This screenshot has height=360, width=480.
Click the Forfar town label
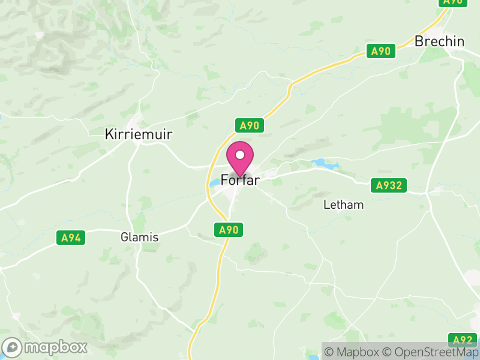coord(240,180)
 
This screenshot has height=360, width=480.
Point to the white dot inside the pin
coord(240,155)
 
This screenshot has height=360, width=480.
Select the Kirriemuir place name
coord(139,134)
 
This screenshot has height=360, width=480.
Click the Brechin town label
coord(440,41)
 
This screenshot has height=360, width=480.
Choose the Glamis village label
coord(139,237)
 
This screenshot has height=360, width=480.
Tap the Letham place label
coord(344,205)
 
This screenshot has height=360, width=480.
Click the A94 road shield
coord(71,238)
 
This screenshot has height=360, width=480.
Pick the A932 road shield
coord(388,186)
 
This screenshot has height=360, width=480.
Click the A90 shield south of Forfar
coord(229,230)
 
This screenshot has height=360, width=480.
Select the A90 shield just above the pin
coord(249,125)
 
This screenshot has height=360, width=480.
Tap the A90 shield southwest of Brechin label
coord(381,51)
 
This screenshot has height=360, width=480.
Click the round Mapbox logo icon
coord(13,347)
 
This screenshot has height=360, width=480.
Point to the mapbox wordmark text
coord(55,347)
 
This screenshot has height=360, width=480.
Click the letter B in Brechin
coord(420,41)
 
